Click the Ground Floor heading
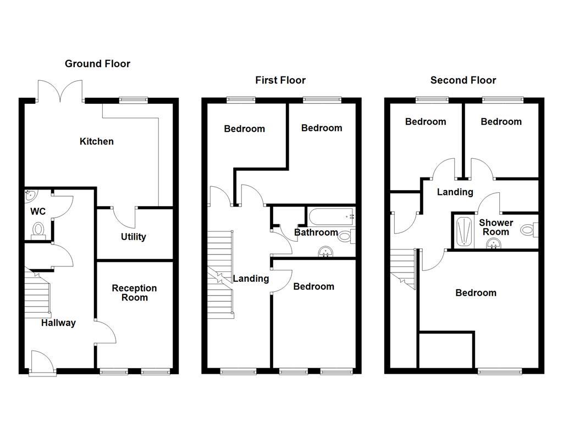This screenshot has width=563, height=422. click(x=97, y=64)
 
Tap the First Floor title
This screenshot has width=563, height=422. click(x=280, y=80)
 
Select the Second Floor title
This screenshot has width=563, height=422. click(x=463, y=80)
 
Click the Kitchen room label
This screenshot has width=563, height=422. click(x=97, y=141)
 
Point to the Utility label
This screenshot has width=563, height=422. click(x=133, y=237)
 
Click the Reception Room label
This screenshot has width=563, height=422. click(x=134, y=293)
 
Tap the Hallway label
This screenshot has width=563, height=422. click(x=58, y=323)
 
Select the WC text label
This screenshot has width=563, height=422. click(x=38, y=212)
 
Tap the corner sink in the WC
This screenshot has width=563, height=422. click(x=30, y=195)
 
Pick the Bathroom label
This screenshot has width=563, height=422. click(x=316, y=232)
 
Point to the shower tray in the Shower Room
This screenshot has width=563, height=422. click(x=463, y=231)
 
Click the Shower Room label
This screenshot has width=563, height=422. click(x=496, y=227)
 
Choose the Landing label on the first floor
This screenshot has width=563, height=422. click(x=251, y=279)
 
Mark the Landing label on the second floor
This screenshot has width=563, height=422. click(x=455, y=192)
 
